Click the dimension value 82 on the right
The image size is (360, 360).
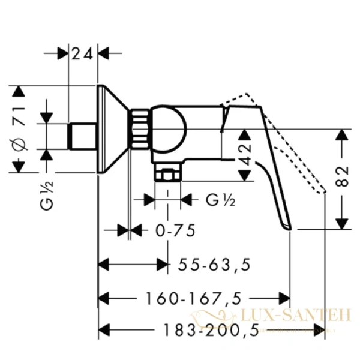[342, 179]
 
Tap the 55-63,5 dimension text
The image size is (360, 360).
[214, 264]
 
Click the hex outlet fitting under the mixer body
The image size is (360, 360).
[167, 175]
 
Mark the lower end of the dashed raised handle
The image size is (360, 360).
[323, 191]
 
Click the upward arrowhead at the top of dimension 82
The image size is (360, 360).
[342, 134]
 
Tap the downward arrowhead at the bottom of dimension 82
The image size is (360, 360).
[342, 223]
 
